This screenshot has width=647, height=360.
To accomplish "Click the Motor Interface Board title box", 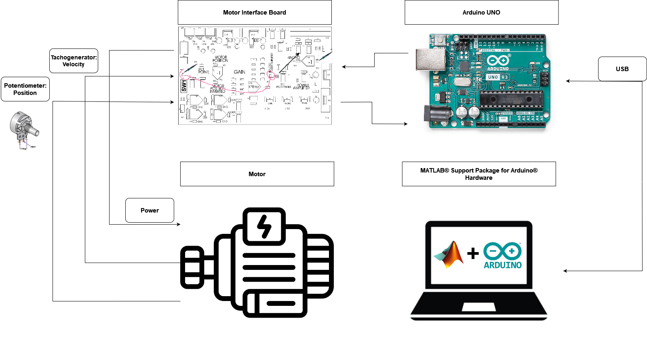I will [255, 13].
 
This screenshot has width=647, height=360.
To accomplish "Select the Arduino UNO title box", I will [481, 13].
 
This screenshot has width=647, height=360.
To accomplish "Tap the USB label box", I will [622, 69].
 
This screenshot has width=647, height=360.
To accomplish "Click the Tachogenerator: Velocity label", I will [74, 61].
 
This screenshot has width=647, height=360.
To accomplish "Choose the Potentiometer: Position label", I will [25, 89].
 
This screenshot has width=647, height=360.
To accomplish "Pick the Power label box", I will [150, 211].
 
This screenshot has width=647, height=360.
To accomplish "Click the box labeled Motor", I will [257, 174].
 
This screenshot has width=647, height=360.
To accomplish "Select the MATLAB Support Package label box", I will [479, 174].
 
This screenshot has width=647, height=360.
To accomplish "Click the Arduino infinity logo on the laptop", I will [503, 251].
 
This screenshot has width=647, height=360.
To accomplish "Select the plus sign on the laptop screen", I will [473, 253].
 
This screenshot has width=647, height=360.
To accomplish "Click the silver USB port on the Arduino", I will [430, 60].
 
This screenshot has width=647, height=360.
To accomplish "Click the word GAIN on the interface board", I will [239, 72].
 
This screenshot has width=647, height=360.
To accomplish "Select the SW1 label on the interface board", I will [184, 86].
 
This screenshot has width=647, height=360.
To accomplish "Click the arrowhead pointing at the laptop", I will [565, 271].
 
